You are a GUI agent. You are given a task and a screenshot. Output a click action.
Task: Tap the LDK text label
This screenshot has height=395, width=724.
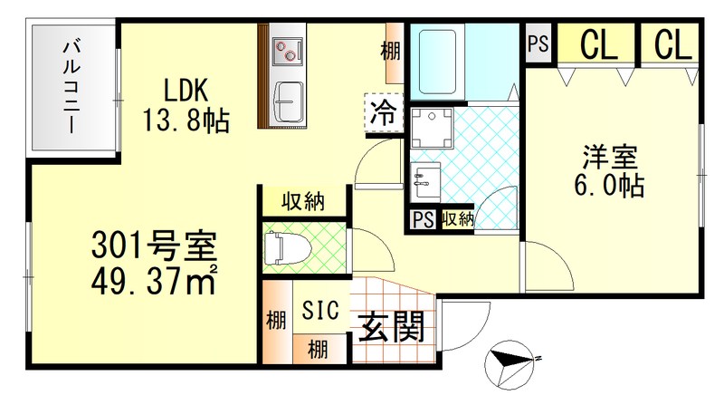pyautogui.click(x=186, y=92)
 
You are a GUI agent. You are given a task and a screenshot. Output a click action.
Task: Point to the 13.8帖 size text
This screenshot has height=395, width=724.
pyautogui.click(x=186, y=119)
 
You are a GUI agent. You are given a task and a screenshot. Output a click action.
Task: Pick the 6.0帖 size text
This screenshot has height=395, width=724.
pyautogui.click(x=609, y=186)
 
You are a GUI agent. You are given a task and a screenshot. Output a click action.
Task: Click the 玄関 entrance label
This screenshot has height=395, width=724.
pyautogui.click(x=391, y=326)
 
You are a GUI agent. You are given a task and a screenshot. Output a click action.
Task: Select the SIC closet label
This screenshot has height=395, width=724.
pyautogui.click(x=321, y=310)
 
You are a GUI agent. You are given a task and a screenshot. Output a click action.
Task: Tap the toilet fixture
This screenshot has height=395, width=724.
pyautogui.click(x=282, y=247)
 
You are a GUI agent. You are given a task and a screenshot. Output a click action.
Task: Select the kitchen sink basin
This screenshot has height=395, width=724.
pyautogui.click(x=290, y=100)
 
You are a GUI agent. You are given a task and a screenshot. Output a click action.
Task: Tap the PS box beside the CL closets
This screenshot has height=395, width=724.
pyautogui.click(x=538, y=44)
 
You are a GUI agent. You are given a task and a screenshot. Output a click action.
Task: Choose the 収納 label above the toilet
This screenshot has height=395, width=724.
pyautogui.click(x=302, y=201)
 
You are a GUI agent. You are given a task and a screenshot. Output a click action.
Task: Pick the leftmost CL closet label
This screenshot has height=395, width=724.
pyautogui.click(x=598, y=43)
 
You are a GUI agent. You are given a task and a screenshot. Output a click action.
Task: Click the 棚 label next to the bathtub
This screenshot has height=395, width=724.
pyautogui.click(x=391, y=52)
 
